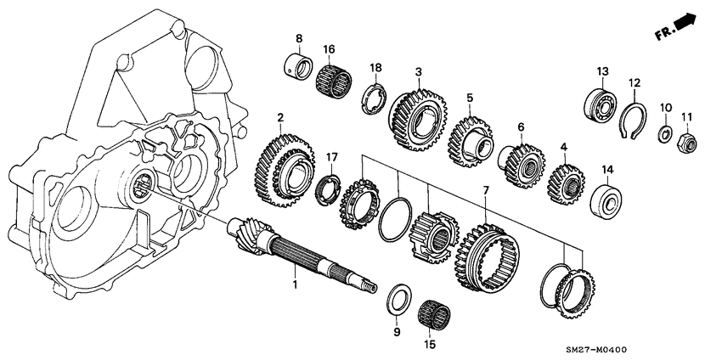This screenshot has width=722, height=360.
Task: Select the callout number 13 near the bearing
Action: [x=602, y=70]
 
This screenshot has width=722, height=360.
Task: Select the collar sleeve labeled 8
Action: [x=298, y=66]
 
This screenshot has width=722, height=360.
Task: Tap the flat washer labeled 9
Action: [x=396, y=300]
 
